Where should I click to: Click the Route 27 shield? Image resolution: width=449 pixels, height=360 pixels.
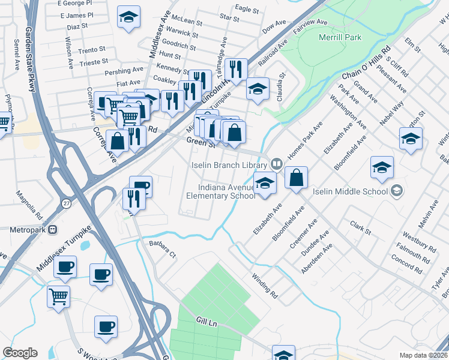coord(66,203)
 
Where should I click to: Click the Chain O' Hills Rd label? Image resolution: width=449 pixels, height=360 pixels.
coord(366,64)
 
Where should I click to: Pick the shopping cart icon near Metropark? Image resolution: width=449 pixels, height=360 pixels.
coord(58,296)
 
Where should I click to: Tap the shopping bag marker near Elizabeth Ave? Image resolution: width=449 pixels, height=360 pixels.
coord(297,178)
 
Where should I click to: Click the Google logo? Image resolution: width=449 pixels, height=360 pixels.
coord(20,353)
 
